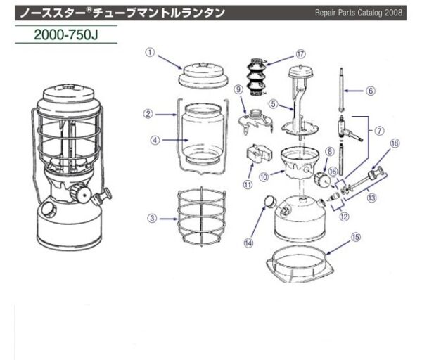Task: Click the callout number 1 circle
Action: coord(149,52)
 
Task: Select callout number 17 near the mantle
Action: coord(301,53)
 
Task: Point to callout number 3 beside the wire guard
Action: coord(151,218)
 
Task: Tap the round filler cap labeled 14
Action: coord(268,203)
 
